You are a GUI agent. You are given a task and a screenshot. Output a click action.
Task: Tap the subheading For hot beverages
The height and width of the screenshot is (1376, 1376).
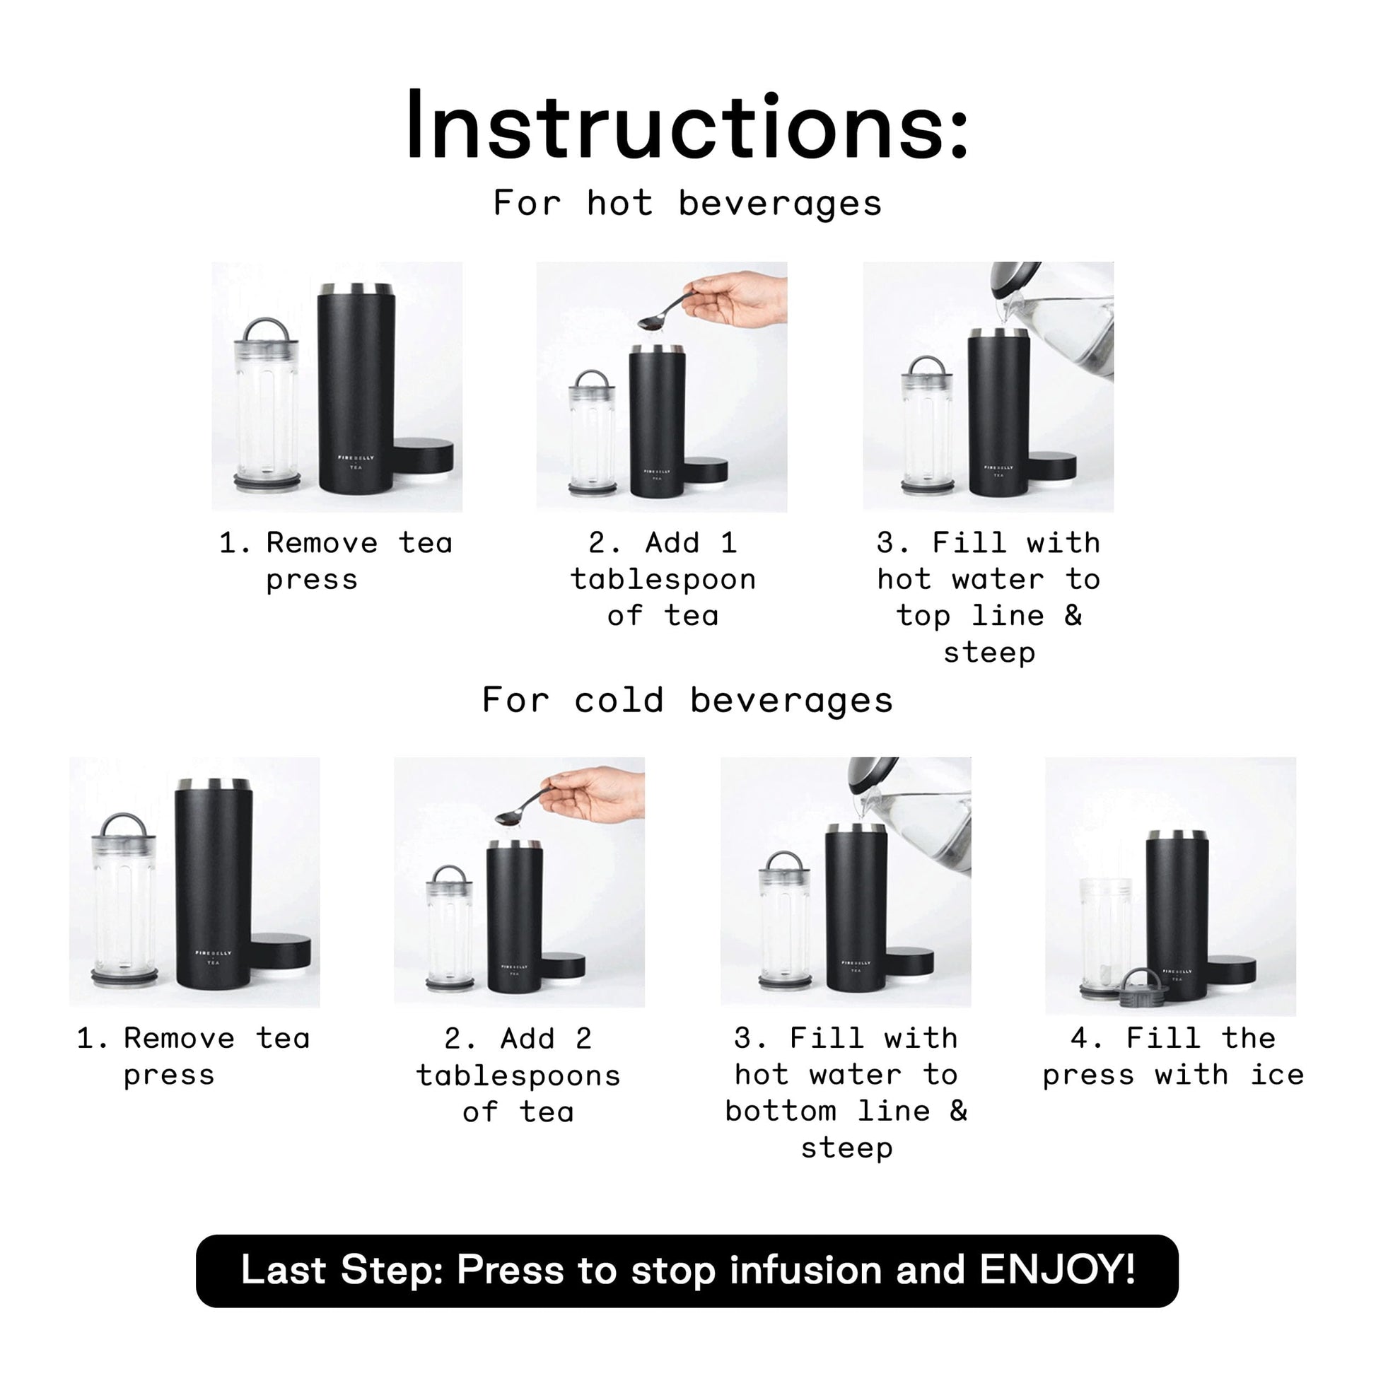688,204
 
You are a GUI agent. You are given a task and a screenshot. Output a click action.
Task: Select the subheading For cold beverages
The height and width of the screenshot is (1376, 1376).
688,700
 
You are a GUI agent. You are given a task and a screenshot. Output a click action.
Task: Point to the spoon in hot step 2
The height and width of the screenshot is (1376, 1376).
668,310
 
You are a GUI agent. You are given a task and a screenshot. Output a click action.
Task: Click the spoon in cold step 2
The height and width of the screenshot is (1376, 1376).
525,806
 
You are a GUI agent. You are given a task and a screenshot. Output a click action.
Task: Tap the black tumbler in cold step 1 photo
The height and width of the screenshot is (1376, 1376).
213,884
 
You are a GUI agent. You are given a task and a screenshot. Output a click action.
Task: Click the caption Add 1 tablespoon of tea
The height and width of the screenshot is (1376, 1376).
663,579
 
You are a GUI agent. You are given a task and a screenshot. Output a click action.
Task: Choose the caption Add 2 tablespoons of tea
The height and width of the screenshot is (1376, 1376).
518,1075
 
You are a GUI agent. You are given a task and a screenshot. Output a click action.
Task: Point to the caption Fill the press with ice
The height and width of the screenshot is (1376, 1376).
1173,1056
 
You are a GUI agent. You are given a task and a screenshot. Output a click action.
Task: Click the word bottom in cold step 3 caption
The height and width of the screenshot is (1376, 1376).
781,1111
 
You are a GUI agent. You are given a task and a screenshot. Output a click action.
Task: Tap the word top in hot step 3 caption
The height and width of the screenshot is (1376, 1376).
923,616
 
